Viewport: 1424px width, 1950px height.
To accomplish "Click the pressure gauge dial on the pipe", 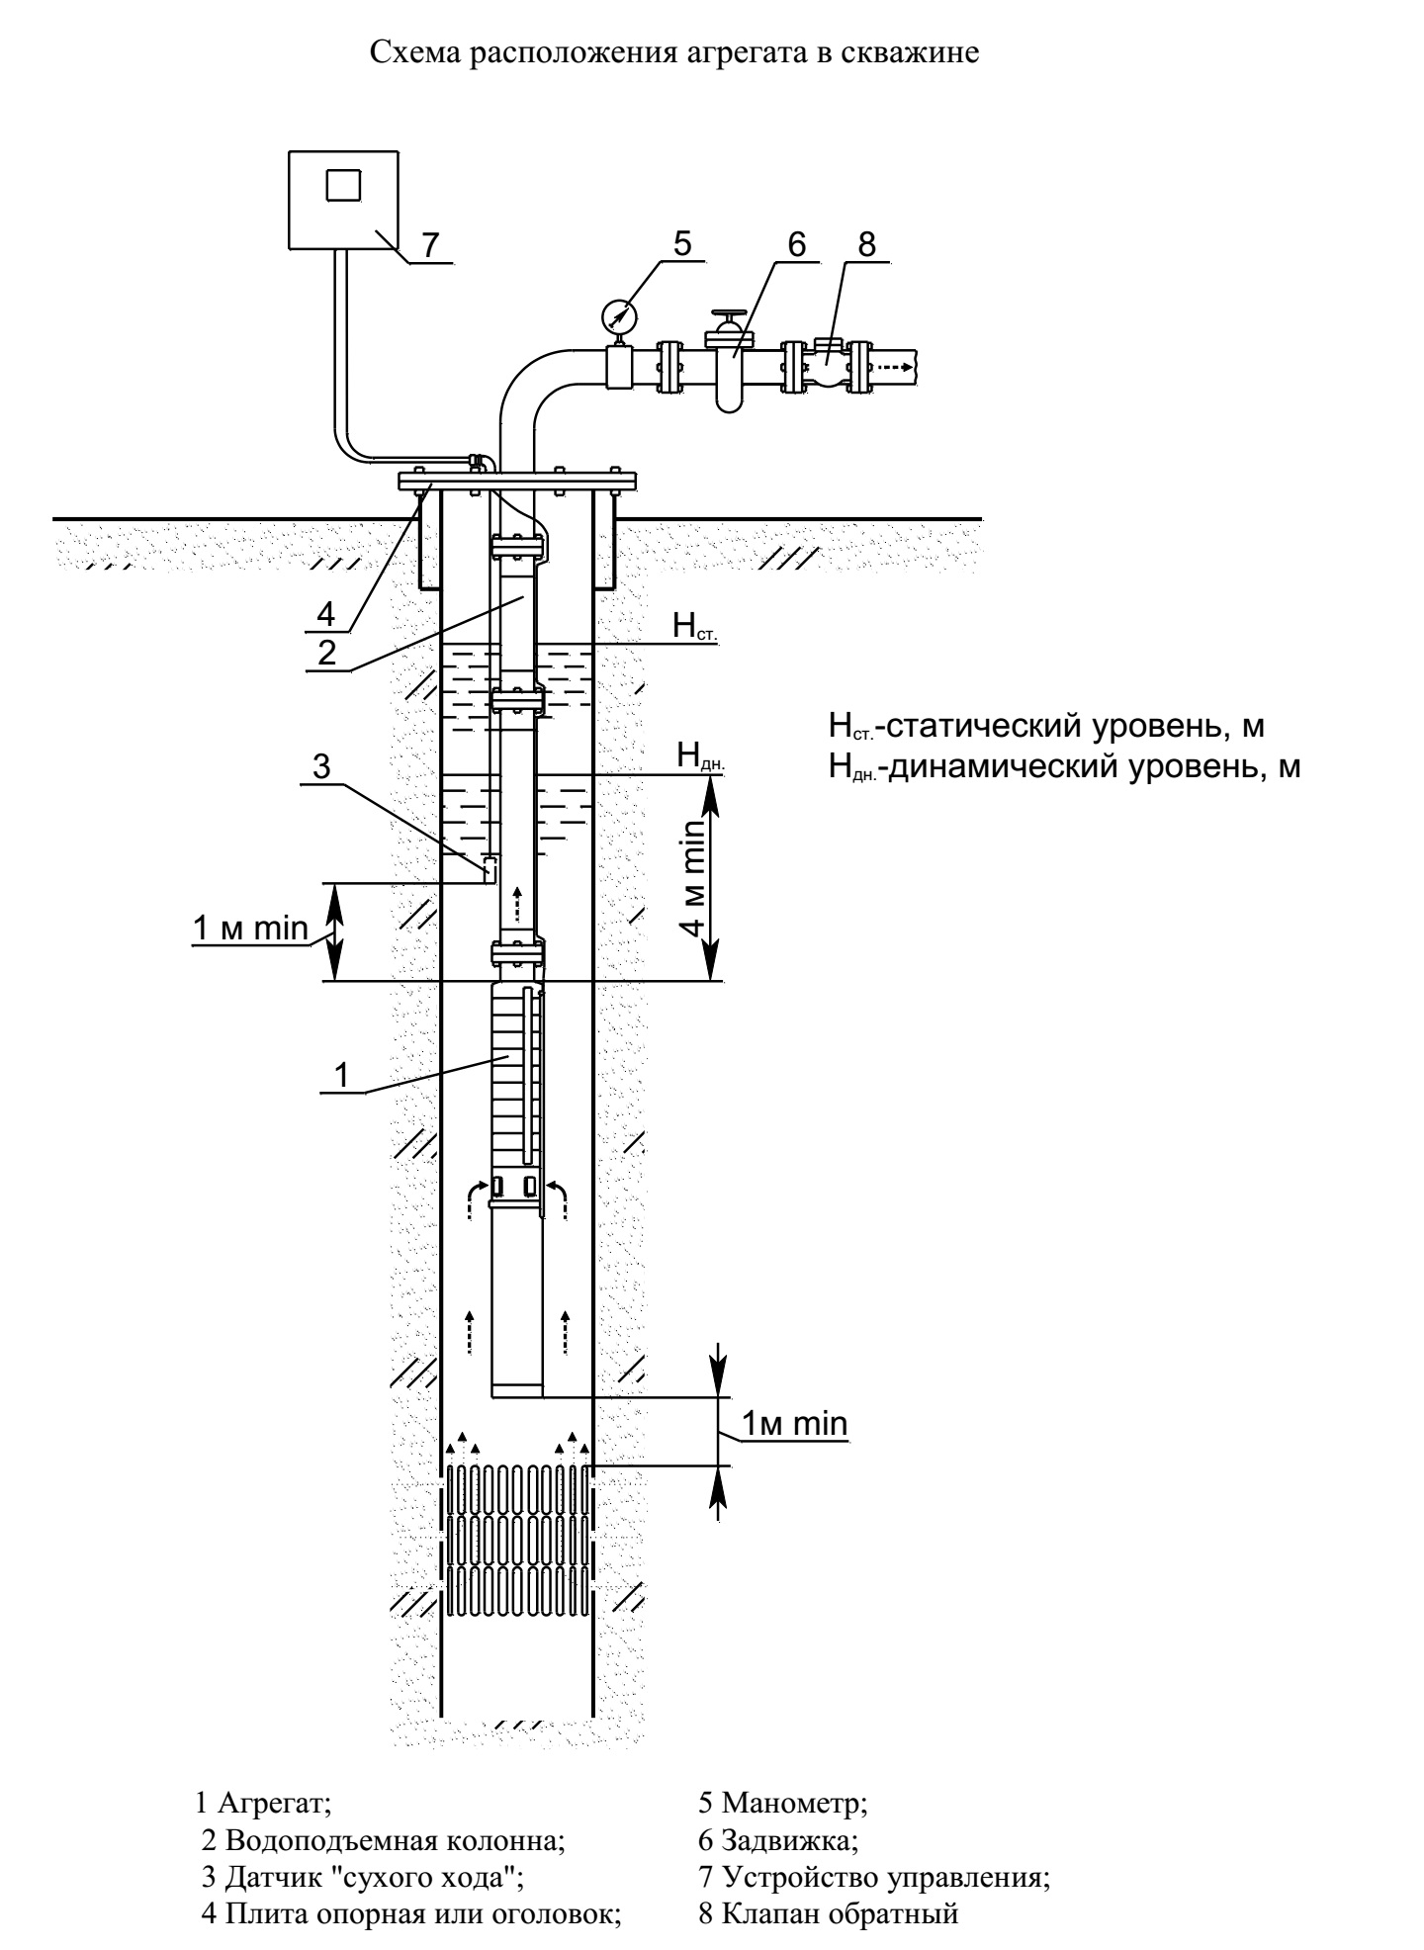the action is point(619,315).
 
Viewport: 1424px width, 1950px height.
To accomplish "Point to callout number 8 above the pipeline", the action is point(867,244).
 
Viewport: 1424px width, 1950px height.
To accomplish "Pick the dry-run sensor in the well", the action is point(489,870).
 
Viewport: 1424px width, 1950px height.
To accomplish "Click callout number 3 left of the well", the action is point(321,766).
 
